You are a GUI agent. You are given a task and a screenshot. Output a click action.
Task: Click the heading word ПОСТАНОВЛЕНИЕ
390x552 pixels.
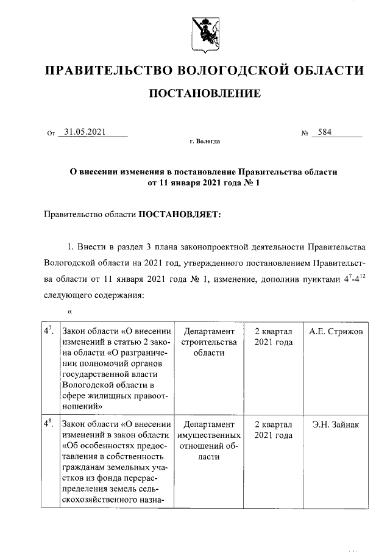[x=205, y=93]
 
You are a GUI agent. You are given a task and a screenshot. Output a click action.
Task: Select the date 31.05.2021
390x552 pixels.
[x=86, y=132]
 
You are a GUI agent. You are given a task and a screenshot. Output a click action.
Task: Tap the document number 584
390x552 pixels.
[x=321, y=132]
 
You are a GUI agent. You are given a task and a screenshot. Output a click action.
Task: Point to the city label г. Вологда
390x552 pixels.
[x=205, y=142]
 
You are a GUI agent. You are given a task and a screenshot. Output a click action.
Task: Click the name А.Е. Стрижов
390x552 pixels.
[x=336, y=331]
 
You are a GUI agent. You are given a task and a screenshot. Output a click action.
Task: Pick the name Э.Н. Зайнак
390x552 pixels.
[x=336, y=425]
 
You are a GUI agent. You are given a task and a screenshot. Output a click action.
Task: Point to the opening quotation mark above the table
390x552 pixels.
[x=70, y=312]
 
